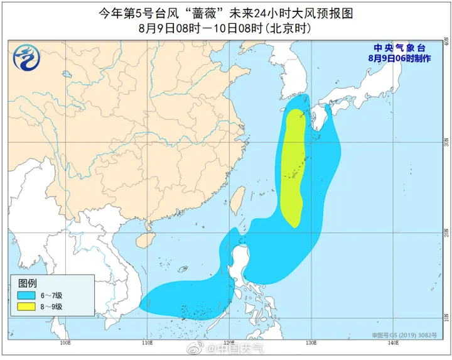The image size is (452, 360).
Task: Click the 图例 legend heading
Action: click(x=28, y=282)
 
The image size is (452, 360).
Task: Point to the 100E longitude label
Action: click(x=65, y=343)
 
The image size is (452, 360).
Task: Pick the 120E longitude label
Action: click(x=229, y=343)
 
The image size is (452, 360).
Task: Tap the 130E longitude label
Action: click(x=310, y=343)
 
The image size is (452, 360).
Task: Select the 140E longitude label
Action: click(x=393, y=343)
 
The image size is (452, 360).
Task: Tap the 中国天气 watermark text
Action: click(x=237, y=349)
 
